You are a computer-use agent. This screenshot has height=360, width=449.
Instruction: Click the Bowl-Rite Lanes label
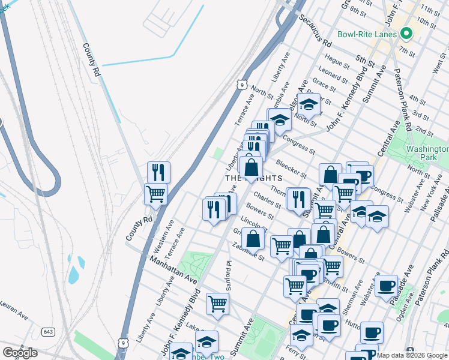367,34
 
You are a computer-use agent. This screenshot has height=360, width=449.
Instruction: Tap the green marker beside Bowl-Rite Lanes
405,34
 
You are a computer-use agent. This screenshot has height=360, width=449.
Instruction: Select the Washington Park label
427,153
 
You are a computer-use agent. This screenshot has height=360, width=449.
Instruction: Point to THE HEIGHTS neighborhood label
245,178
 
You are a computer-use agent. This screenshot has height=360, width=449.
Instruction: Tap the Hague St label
337,61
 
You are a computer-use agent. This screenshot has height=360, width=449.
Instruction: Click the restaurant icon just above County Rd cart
158,172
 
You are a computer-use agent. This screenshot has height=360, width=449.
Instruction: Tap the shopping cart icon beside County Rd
155,194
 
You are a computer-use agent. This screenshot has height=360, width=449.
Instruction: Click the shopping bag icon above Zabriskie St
254,238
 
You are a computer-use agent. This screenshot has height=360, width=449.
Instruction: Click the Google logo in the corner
20,353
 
